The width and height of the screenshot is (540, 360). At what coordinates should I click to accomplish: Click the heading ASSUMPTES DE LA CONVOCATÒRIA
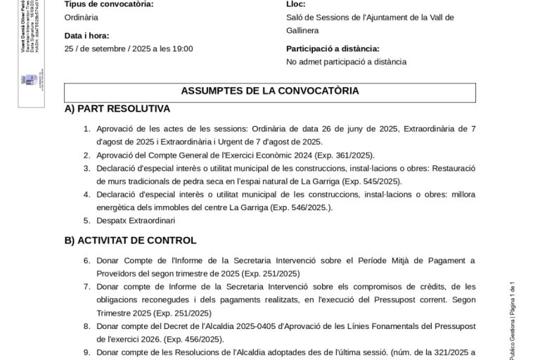pyautogui.click(x=270, y=91)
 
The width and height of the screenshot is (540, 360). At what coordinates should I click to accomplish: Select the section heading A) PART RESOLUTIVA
pyautogui.click(x=117, y=109)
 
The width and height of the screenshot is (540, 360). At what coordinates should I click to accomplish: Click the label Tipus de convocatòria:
pyautogui.click(x=108, y=4)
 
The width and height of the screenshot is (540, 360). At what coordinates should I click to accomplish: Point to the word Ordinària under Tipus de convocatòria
pyautogui.click(x=81, y=17)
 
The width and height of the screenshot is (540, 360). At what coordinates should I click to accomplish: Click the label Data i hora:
pyautogui.click(x=86, y=35)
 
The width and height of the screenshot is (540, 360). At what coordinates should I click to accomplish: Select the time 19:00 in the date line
pyautogui.click(x=182, y=49)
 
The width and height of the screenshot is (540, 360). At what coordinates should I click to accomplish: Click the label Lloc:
pyautogui.click(x=296, y=4)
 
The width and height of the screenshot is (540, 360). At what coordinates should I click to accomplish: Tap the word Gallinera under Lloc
pyautogui.click(x=303, y=31)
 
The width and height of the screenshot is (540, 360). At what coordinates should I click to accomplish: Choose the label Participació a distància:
pyautogui.click(x=333, y=49)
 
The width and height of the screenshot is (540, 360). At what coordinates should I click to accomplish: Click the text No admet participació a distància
pyautogui.click(x=346, y=61)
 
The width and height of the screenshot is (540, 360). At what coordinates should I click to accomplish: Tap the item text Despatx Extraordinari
pyautogui.click(x=136, y=220)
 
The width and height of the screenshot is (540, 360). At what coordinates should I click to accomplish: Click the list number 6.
pyautogui.click(x=87, y=260)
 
